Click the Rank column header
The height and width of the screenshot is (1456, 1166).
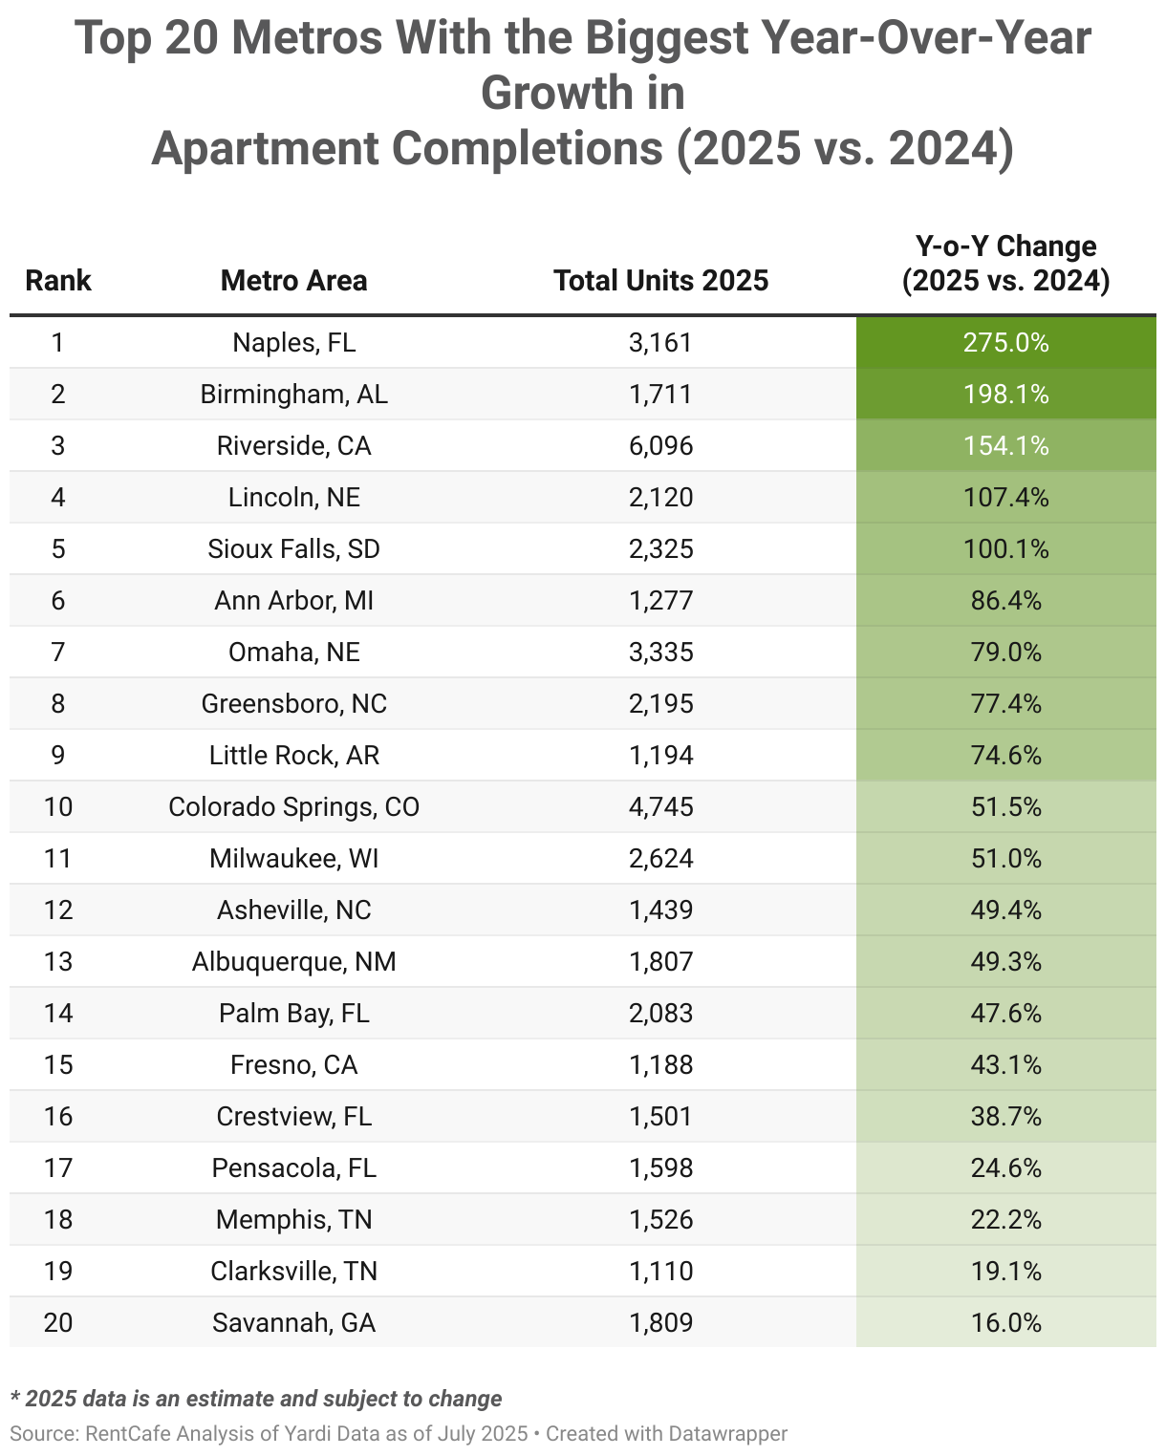click(58, 280)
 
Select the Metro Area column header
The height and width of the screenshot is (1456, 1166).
click(293, 280)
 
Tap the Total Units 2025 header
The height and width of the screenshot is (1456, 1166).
click(660, 280)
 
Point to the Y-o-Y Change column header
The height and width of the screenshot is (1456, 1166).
click(1005, 264)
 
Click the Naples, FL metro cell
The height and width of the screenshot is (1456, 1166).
click(293, 342)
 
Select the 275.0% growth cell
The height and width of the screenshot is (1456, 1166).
click(1005, 342)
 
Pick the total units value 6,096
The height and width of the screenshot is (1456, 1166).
click(660, 445)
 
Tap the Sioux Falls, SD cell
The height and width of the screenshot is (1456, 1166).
click(293, 548)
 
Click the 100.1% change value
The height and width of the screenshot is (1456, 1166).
click(1005, 548)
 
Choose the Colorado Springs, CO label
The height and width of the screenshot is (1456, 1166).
click(293, 806)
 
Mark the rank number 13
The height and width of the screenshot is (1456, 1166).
click(58, 961)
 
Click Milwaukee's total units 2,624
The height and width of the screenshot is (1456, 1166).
click(660, 858)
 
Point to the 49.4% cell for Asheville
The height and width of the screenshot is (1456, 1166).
click(1005, 910)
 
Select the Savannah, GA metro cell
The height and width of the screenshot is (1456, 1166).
click(293, 1322)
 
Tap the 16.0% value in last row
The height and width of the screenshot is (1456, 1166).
click(1005, 1322)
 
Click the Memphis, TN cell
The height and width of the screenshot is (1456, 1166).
click(293, 1219)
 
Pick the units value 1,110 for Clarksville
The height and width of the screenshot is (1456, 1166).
click(660, 1271)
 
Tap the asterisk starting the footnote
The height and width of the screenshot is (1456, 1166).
click(15, 1397)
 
